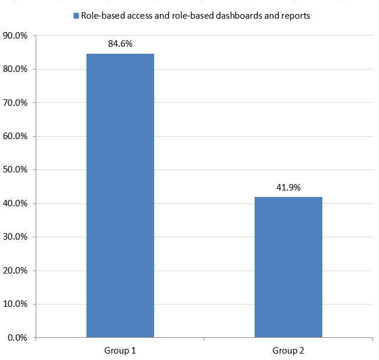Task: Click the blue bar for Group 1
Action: click(120, 196)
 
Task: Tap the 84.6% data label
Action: click(120, 43)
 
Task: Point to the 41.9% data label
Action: click(288, 188)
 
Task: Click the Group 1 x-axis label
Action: click(120, 351)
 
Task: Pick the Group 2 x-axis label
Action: click(288, 351)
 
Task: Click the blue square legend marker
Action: click(76, 16)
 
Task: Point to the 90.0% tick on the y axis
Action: click(16, 36)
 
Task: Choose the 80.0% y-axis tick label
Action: click(16, 70)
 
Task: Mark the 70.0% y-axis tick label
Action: click(16, 103)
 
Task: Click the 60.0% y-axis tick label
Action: click(16, 137)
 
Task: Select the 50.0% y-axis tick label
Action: click(16, 170)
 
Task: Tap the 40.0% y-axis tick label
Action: click(16, 204)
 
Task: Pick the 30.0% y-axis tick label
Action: click(16, 237)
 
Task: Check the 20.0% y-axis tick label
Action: click(16, 271)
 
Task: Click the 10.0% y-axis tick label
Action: click(16, 304)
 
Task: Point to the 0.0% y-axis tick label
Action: click(18, 338)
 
